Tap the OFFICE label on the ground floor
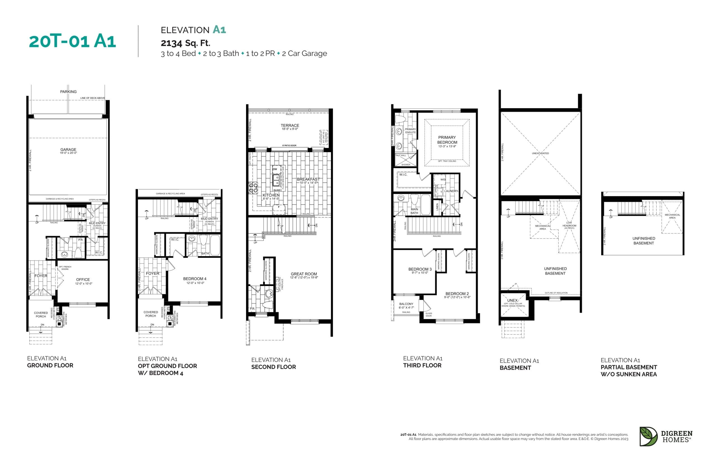(x=83, y=280)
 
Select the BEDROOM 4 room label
(x=195, y=279)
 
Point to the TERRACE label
(x=290, y=126)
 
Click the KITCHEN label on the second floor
(x=271, y=195)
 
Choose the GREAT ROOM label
(x=304, y=274)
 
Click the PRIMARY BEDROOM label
(x=447, y=140)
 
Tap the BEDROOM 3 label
(x=420, y=269)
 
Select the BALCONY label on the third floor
(x=406, y=304)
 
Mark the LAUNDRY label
(x=451, y=191)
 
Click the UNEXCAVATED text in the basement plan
(x=540, y=153)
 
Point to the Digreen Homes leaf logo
(x=648, y=436)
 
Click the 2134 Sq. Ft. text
(x=185, y=43)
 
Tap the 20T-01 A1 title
(x=72, y=41)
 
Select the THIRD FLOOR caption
(x=422, y=366)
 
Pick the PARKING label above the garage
(x=68, y=92)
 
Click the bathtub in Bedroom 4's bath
(x=214, y=245)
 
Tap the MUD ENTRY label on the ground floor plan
(x=97, y=223)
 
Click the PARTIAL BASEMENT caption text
(x=628, y=367)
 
